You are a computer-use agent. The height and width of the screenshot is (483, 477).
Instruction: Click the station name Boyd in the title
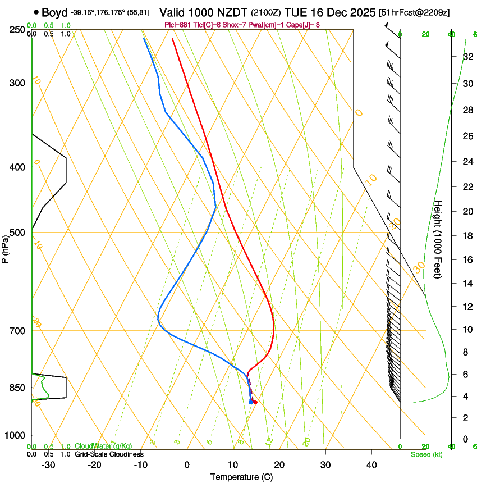tap(54, 12)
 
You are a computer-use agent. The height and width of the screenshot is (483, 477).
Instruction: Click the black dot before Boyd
tap(36, 12)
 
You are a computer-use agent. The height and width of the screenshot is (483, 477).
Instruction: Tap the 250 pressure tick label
tap(17, 30)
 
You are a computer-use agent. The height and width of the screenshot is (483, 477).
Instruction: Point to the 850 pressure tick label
tap(17, 388)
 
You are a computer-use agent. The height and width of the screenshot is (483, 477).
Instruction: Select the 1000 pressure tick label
tap(16, 435)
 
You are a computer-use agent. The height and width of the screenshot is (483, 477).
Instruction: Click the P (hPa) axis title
tap(5, 245)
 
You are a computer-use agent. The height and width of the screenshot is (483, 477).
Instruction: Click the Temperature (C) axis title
tap(241, 477)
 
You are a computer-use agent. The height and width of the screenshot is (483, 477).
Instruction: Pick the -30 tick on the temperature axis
tap(48, 465)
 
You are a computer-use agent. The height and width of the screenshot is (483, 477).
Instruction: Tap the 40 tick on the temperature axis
tap(371, 465)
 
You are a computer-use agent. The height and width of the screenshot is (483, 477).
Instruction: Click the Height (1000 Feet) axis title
tap(438, 239)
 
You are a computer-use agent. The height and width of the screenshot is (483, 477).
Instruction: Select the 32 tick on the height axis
tap(467, 57)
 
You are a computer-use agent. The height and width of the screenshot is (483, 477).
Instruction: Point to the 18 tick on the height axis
tap(467, 235)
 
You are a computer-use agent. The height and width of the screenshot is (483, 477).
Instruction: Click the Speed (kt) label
tap(426, 454)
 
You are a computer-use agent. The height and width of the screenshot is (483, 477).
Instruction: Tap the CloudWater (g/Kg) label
tap(103, 446)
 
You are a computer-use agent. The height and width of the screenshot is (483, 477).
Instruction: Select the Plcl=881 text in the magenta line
tap(178, 25)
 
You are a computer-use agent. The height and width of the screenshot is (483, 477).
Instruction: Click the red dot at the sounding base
tap(255, 402)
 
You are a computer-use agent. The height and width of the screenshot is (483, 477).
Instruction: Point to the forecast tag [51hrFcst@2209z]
tap(414, 12)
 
